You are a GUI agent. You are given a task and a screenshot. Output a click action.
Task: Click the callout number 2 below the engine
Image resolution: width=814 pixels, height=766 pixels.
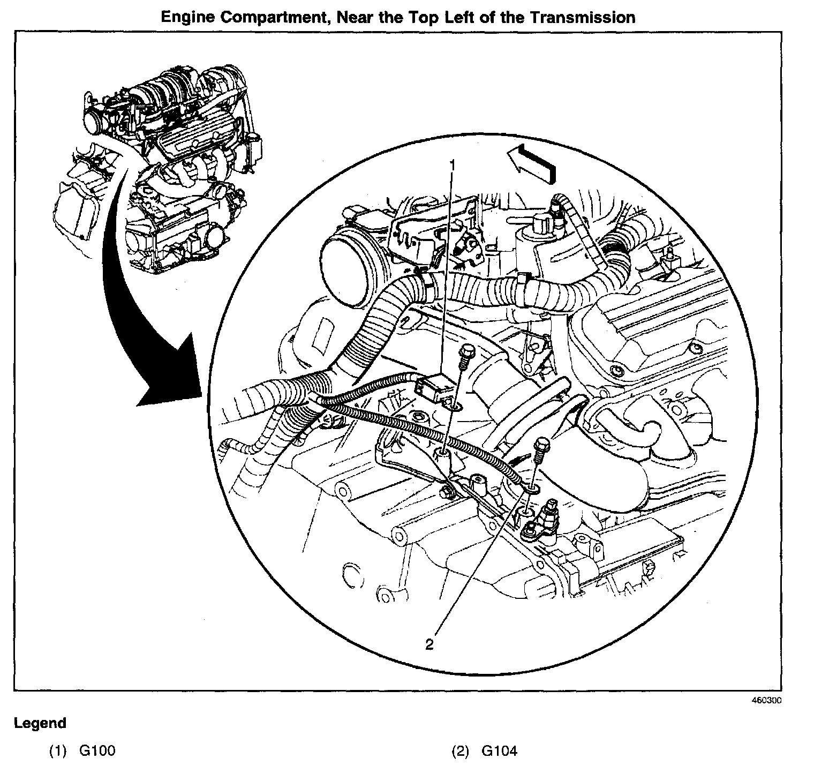tap(429, 644)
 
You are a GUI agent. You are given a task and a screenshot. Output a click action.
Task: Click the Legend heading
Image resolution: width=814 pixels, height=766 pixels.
tap(40, 723)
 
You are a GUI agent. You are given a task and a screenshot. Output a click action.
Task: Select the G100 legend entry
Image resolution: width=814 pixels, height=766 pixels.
tap(97, 751)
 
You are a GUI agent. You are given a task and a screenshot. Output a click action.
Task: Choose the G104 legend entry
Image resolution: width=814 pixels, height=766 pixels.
tap(499, 751)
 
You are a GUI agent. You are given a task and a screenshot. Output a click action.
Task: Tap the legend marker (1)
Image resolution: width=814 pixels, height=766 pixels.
tap(58, 751)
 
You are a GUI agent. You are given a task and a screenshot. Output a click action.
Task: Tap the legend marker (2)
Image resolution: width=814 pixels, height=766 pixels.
tap(460, 751)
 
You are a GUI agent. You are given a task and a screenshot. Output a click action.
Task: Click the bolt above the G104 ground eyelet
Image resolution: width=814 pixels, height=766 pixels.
tap(542, 445)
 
